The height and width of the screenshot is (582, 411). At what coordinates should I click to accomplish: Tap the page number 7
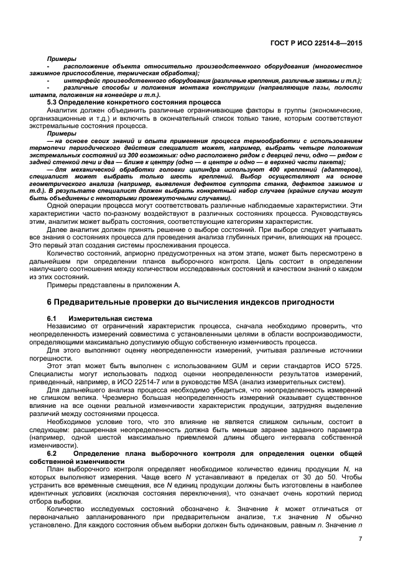[x=360, y=538]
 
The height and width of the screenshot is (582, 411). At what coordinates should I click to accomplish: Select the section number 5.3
[x=54, y=101]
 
